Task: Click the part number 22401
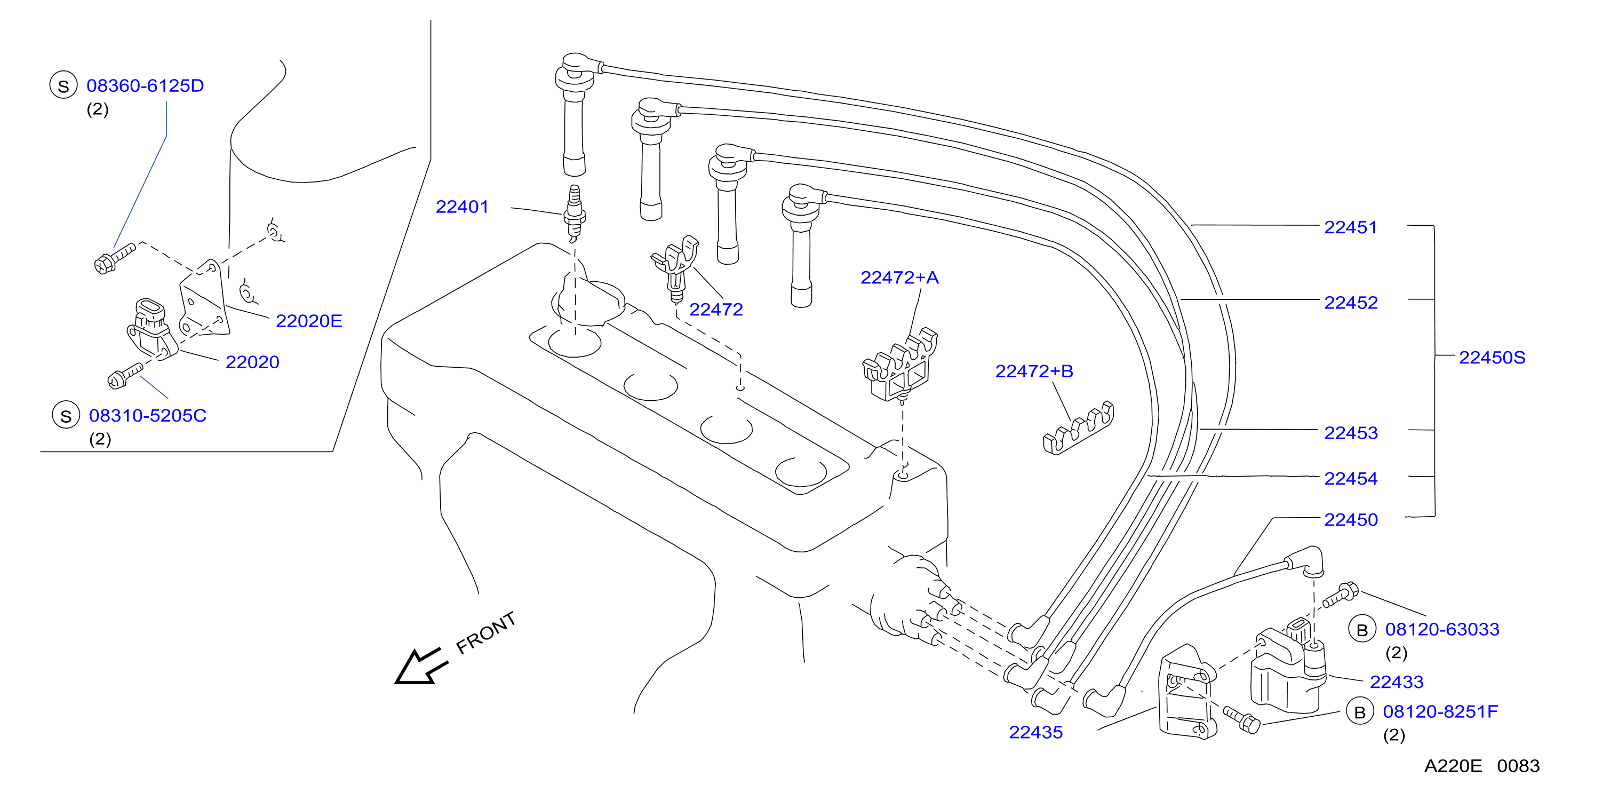point(462,207)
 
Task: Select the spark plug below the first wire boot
point(575,213)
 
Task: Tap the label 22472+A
point(899,278)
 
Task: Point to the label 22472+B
point(1034,371)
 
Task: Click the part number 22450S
point(1492,358)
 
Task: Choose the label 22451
point(1351,227)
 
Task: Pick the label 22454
point(1351,479)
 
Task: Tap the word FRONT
point(485,632)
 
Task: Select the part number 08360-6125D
point(145,85)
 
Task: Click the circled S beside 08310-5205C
point(66,416)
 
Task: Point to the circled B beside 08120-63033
point(1362,630)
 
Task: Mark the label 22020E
point(309,321)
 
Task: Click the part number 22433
point(1396,682)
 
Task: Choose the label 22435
point(1035,733)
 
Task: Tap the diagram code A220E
point(1453,766)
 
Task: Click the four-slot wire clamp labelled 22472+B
point(1078,428)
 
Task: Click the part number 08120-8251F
point(1440,712)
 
